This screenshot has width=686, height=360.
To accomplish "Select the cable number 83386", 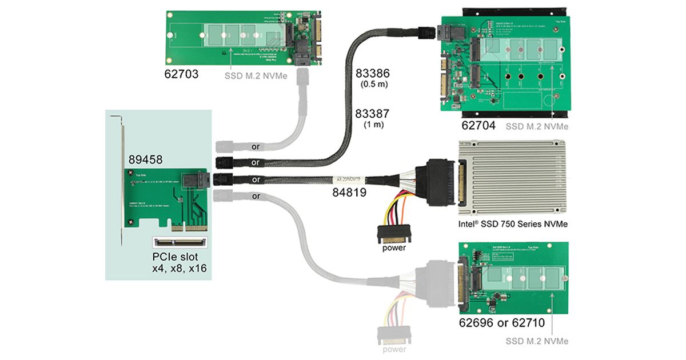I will (373, 74).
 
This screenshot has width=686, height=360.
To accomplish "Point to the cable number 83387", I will (373, 114).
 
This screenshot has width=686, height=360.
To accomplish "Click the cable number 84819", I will (349, 193).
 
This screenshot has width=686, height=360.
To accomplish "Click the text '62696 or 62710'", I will (501, 323).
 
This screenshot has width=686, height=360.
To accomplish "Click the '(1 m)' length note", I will (373, 124).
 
